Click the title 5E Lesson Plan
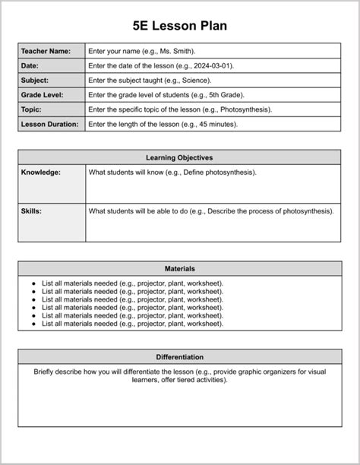click(x=179, y=26)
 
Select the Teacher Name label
click(x=46, y=51)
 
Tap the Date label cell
click(x=30, y=65)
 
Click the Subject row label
click(x=35, y=80)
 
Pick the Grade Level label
click(x=42, y=95)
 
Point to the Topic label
click(x=31, y=109)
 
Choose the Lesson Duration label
click(x=49, y=124)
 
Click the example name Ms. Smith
click(x=175, y=51)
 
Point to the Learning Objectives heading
click(x=179, y=157)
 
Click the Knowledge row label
click(x=41, y=172)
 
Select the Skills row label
click(x=31, y=210)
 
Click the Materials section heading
click(x=179, y=268)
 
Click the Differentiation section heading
click(x=179, y=356)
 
